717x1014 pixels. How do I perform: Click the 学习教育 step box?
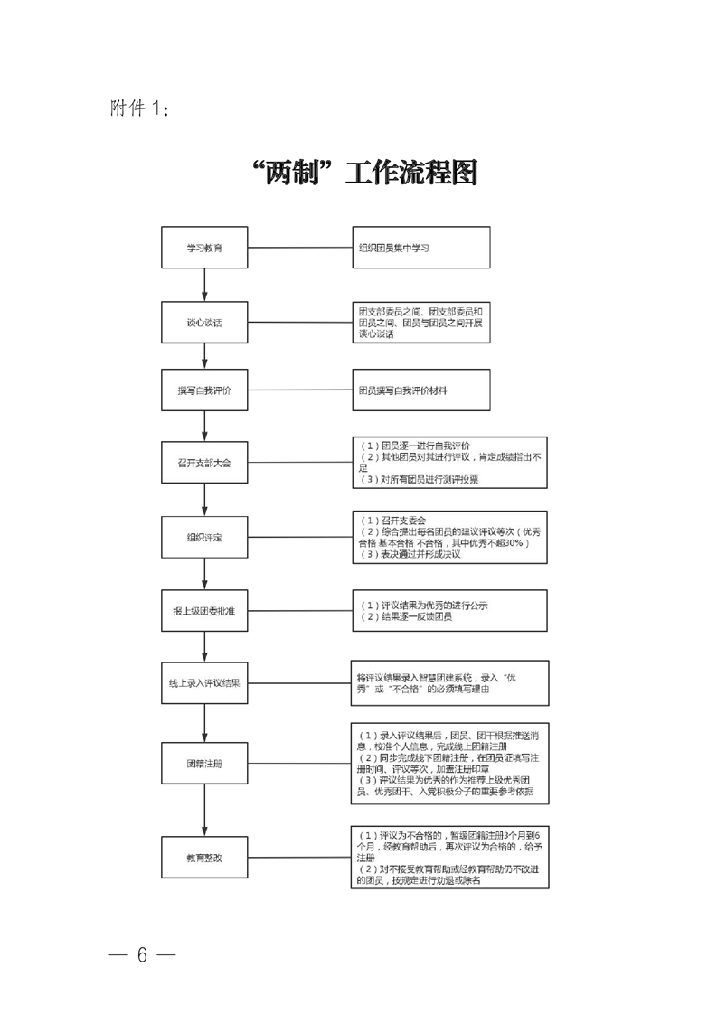coord(204,247)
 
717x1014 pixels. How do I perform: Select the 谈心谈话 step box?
coord(204,322)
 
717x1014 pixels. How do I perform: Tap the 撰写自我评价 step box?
coord(204,390)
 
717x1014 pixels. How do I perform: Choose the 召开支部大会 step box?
coord(204,464)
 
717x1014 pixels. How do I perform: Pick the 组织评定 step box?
coord(204,538)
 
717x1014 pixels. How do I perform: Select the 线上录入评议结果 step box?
coord(204,683)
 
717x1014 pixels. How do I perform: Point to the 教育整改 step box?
coord(204,857)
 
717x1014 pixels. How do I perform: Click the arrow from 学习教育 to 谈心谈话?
coord(205,285)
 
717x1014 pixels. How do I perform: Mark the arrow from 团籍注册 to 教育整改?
coord(205,810)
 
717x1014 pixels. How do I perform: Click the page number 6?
coord(142,956)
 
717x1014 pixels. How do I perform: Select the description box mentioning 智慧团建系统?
coord(449,683)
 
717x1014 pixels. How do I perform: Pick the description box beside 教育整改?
coord(449,857)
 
